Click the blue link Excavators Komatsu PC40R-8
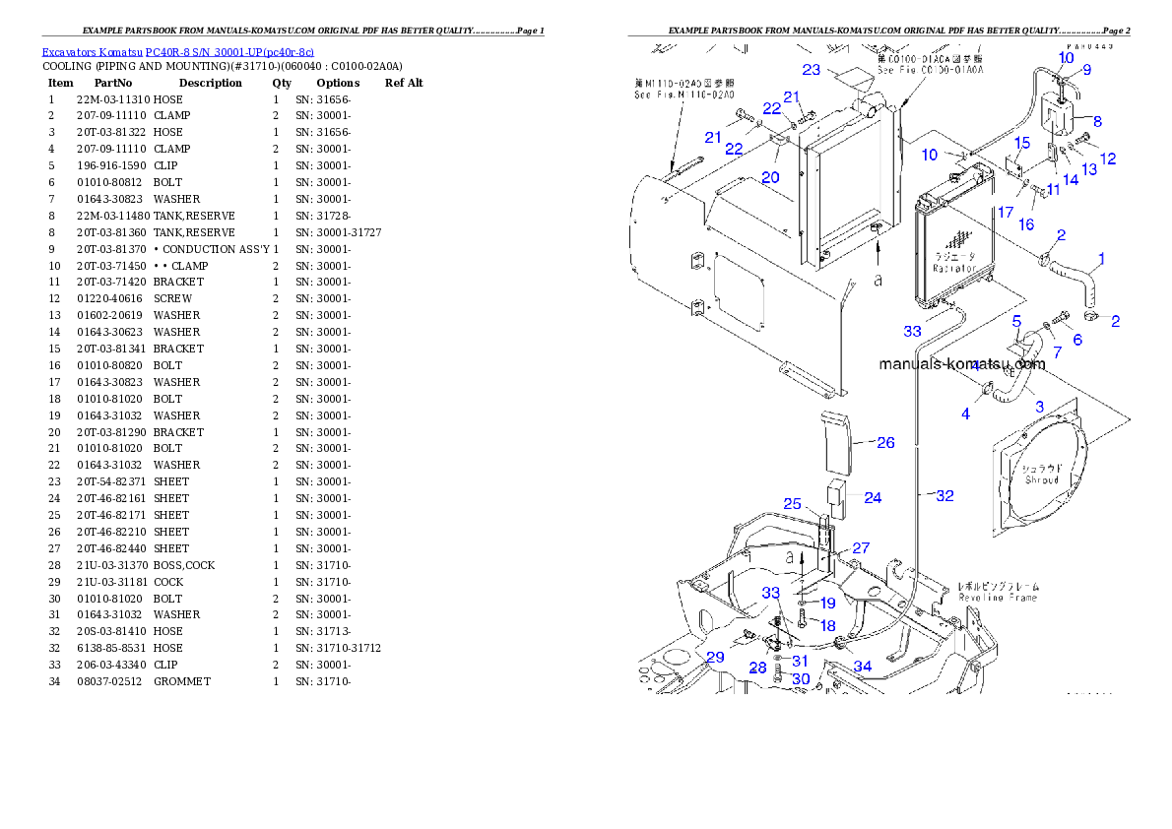(x=177, y=52)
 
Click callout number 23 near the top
(x=811, y=70)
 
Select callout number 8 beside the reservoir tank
(x=1096, y=121)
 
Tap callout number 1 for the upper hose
(x=1100, y=259)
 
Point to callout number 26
(x=885, y=443)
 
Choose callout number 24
(x=873, y=497)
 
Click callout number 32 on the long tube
(x=944, y=496)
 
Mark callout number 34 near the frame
(x=862, y=667)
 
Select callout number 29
(x=714, y=657)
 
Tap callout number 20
(x=770, y=177)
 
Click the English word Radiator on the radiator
(x=954, y=268)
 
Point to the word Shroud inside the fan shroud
(x=1041, y=479)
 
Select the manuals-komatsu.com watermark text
(x=961, y=363)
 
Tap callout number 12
(x=1108, y=159)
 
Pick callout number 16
(x=1025, y=224)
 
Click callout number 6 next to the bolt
(x=1076, y=340)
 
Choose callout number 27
(x=861, y=547)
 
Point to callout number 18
(x=827, y=625)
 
